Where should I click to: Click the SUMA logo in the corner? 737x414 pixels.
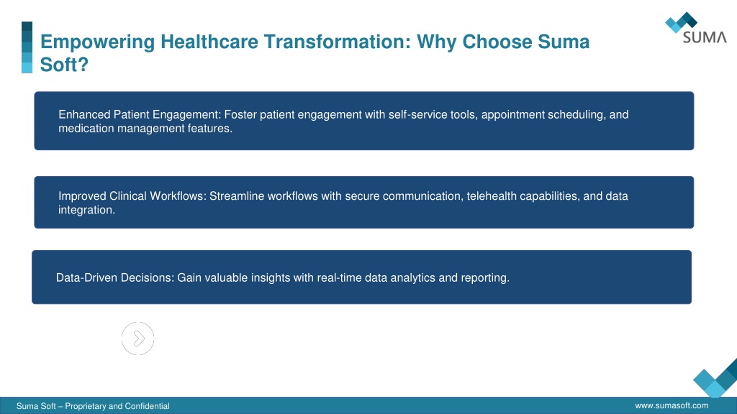coord(696,28)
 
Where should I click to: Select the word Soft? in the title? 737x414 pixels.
coord(64,65)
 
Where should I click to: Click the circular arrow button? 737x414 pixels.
coord(137,339)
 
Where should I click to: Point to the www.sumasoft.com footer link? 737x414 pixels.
coord(672,405)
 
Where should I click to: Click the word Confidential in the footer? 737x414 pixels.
coord(147,406)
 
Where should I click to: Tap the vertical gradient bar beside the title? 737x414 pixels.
coord(27,47)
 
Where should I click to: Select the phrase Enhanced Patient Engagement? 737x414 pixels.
coord(138,114)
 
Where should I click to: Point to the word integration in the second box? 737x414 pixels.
coord(86,210)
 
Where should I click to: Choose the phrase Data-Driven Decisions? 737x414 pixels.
coord(114,278)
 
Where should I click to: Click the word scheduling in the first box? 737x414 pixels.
coord(577,114)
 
